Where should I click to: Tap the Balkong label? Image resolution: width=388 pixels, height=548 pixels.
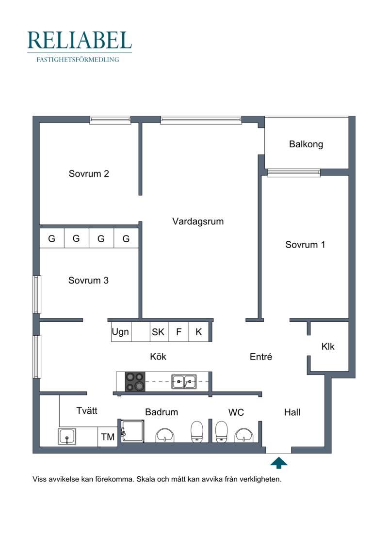pos(306,144)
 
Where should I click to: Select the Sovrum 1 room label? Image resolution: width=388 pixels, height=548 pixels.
pos(305,244)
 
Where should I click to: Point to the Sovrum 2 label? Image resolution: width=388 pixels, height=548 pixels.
pos(89,173)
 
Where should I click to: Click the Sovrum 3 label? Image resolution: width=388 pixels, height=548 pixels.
pos(88,280)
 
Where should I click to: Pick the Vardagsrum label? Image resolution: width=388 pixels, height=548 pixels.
pos(198,221)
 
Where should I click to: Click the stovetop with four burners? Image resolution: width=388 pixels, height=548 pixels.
pos(135,381)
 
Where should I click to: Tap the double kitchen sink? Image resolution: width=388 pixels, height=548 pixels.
pos(184,382)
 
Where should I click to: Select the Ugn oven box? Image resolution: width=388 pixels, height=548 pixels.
pos(121,332)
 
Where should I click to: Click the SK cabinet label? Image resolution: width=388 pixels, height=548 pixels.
pos(158,332)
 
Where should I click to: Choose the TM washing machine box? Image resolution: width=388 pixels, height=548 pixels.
pos(107,437)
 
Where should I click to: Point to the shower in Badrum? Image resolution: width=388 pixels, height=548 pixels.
pos(132,431)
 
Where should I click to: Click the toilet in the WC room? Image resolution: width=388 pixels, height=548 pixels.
pos(221,432)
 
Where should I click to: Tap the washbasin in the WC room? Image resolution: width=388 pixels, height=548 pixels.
pos(244,435)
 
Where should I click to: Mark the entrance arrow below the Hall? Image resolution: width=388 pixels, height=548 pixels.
pos(279,463)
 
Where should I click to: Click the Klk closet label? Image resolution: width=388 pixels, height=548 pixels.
pos(328,346)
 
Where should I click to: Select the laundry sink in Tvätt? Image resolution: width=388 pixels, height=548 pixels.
pos(67,437)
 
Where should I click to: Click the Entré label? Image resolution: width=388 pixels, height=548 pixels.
pos(260,357)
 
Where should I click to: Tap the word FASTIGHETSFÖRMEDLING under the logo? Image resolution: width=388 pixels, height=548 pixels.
pos(78,60)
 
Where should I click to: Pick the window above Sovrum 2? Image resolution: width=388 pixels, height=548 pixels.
pos(110,120)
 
